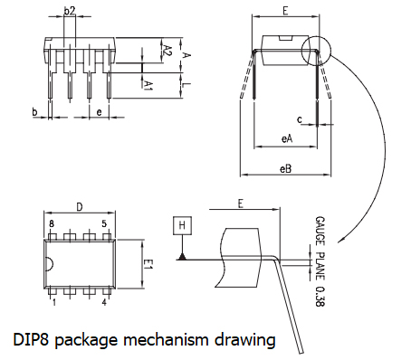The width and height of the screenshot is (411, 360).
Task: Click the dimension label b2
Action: [71, 12]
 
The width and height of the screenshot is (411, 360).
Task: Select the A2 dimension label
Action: [167, 50]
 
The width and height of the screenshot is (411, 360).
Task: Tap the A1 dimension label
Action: [148, 83]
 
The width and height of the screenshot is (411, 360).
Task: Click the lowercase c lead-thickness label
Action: [298, 118]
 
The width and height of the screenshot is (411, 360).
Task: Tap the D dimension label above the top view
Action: [79, 207]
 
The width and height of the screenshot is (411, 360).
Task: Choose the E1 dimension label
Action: [150, 264]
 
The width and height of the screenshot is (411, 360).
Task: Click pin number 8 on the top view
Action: [53, 223]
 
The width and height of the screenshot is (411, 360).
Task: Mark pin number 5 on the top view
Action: [105, 223]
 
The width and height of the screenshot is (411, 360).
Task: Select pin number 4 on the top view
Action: [105, 303]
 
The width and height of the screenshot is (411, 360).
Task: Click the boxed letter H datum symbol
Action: [182, 224]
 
